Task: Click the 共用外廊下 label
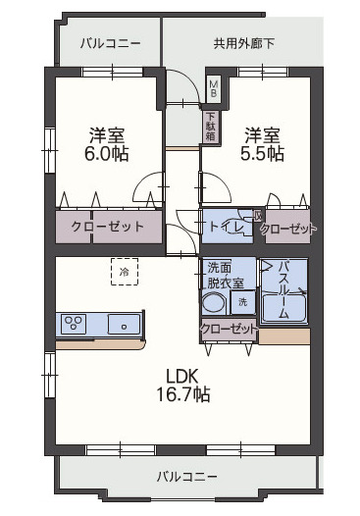click(x=243, y=43)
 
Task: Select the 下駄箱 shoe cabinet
click(x=210, y=125)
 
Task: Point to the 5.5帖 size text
click(x=263, y=153)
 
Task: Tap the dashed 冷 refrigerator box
click(x=124, y=270)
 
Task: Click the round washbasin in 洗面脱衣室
click(x=215, y=302)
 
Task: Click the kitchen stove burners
click(x=75, y=322)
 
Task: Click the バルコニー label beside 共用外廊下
click(x=110, y=43)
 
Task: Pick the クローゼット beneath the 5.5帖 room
click(x=288, y=229)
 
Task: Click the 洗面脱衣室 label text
click(x=226, y=273)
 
